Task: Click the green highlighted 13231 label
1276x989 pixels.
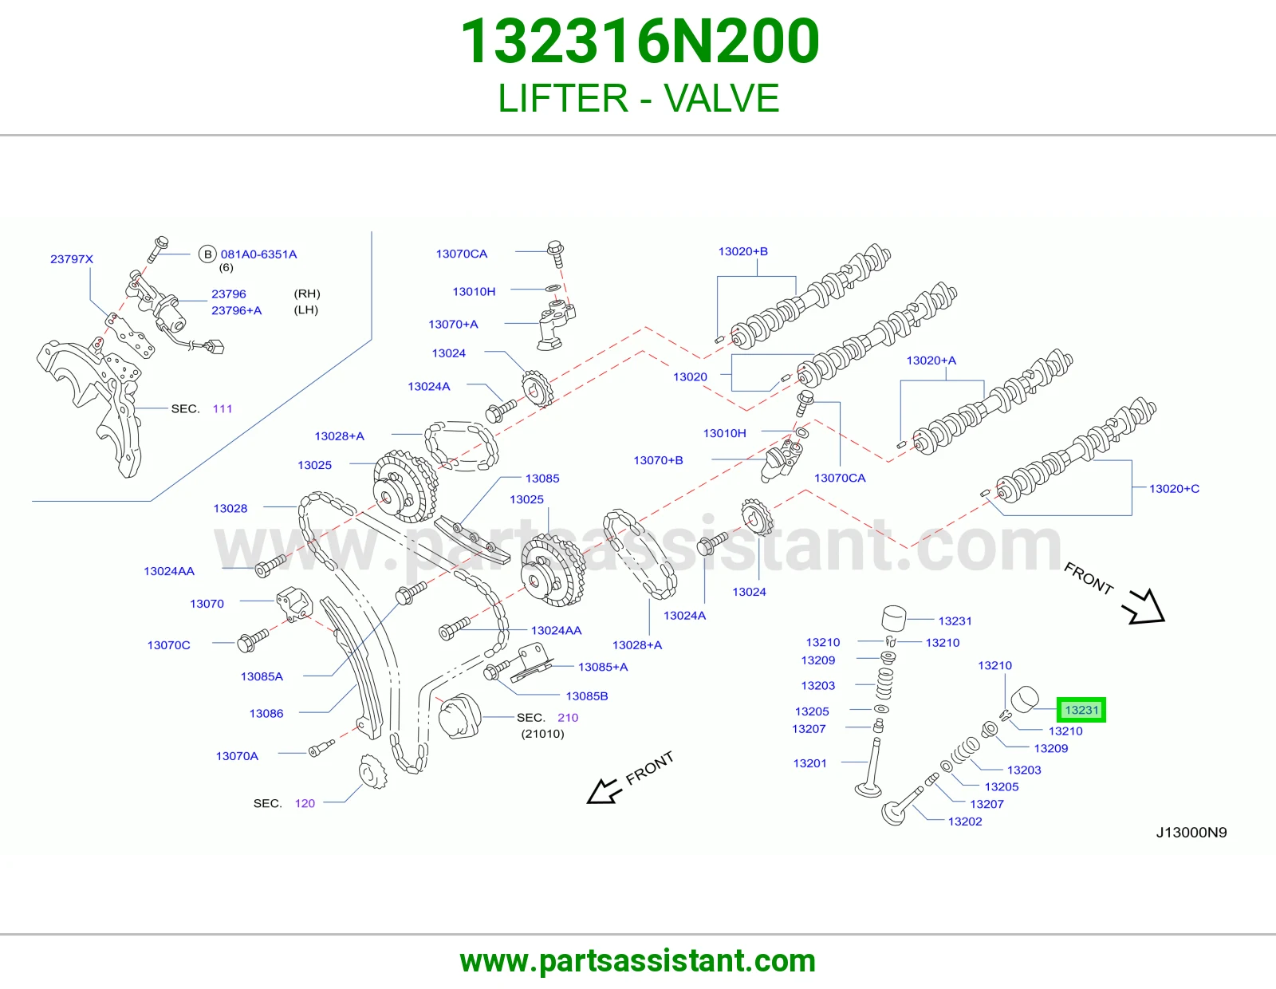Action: point(1081,710)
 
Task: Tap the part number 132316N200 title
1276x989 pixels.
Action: point(640,41)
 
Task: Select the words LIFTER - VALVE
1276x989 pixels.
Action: point(638,98)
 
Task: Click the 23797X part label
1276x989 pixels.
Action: point(72,259)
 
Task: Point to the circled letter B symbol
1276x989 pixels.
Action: point(207,254)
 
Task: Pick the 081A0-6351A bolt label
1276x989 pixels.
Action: point(258,254)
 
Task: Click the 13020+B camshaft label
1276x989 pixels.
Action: point(742,251)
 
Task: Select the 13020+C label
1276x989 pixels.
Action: point(1174,489)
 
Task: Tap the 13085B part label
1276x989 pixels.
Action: point(587,696)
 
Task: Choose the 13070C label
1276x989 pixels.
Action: point(168,645)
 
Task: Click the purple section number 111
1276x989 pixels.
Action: point(223,408)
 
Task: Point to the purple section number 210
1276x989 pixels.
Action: point(568,718)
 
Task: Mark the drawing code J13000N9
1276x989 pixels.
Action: point(1191,832)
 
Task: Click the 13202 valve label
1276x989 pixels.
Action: point(965,822)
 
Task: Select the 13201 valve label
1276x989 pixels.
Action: point(809,763)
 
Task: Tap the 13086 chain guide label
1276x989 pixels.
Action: point(266,714)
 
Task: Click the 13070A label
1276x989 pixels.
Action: point(237,756)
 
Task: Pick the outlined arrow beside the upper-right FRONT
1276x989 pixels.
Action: point(1143,607)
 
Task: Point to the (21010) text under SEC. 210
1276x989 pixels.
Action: point(542,734)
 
